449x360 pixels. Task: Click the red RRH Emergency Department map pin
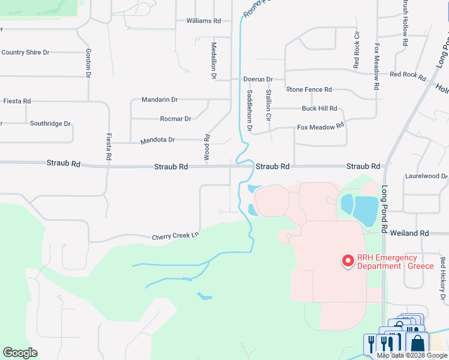(347, 261)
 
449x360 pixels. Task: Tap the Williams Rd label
(203, 20)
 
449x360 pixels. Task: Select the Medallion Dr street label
(213, 61)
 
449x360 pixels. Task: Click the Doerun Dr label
(258, 79)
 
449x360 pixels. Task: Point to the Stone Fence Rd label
(309, 89)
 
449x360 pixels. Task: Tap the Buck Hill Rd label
(319, 109)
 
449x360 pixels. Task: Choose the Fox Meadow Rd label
(321, 127)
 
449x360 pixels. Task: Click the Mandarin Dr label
(160, 99)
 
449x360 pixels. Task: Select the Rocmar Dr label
(175, 119)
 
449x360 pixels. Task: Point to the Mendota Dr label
(157, 140)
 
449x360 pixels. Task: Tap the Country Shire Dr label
(25, 52)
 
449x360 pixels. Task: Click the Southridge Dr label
(50, 124)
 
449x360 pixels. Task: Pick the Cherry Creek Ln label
(175, 236)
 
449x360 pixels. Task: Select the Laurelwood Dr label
(426, 176)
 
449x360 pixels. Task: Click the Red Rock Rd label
(408, 75)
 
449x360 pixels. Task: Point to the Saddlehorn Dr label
(250, 110)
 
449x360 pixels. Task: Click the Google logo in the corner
(20, 352)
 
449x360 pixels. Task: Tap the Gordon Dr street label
(88, 63)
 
